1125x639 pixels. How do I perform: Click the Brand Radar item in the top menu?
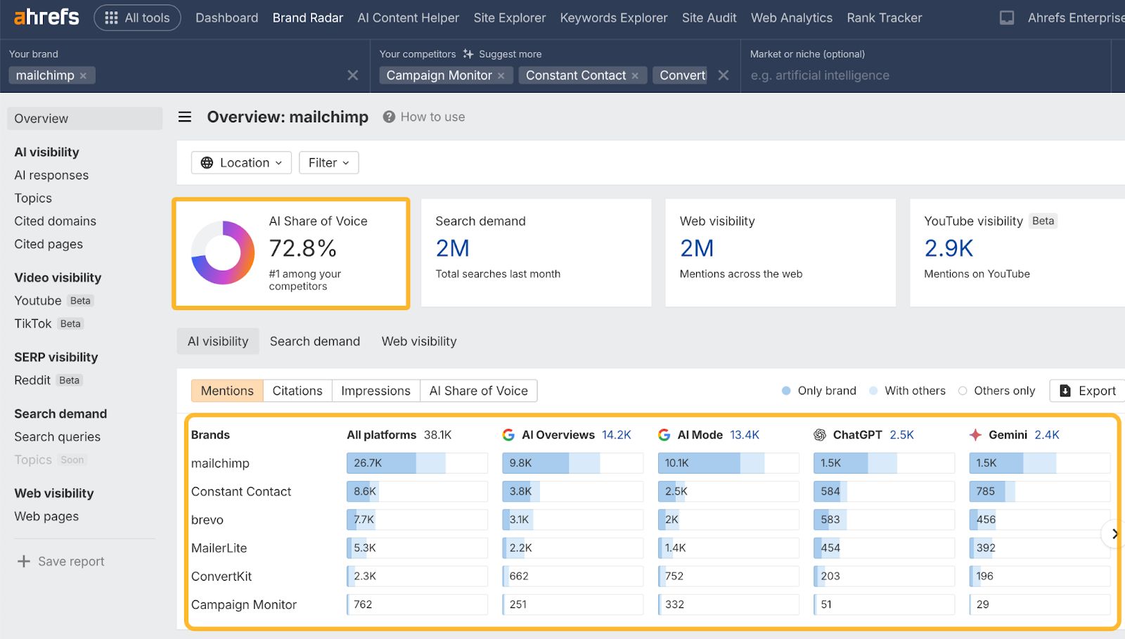tap(307, 18)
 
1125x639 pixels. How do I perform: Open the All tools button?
tap(137, 18)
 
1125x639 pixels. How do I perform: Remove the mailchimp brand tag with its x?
tap(83, 76)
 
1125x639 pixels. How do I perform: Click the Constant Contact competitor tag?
tap(575, 75)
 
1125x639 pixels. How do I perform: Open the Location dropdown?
tap(241, 162)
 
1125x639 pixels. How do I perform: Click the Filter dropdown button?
tap(328, 162)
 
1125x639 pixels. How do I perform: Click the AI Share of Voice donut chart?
tap(223, 252)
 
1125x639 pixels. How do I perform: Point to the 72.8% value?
tap(303, 248)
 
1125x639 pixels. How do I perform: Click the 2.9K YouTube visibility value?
tap(949, 248)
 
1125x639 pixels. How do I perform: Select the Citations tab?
tap(297, 391)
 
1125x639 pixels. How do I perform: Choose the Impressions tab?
tap(375, 391)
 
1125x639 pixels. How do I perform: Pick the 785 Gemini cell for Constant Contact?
tap(986, 491)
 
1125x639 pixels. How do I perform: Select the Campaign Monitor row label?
tap(243, 605)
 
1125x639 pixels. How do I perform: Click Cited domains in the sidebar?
tap(55, 221)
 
